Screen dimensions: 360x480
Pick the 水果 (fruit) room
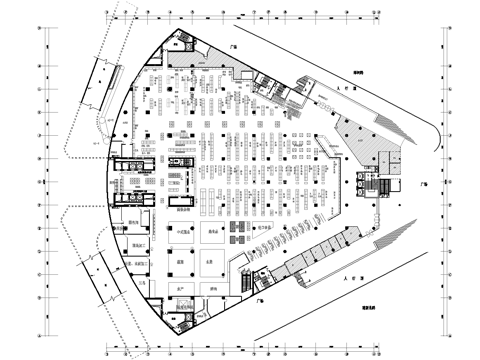click(213, 262)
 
